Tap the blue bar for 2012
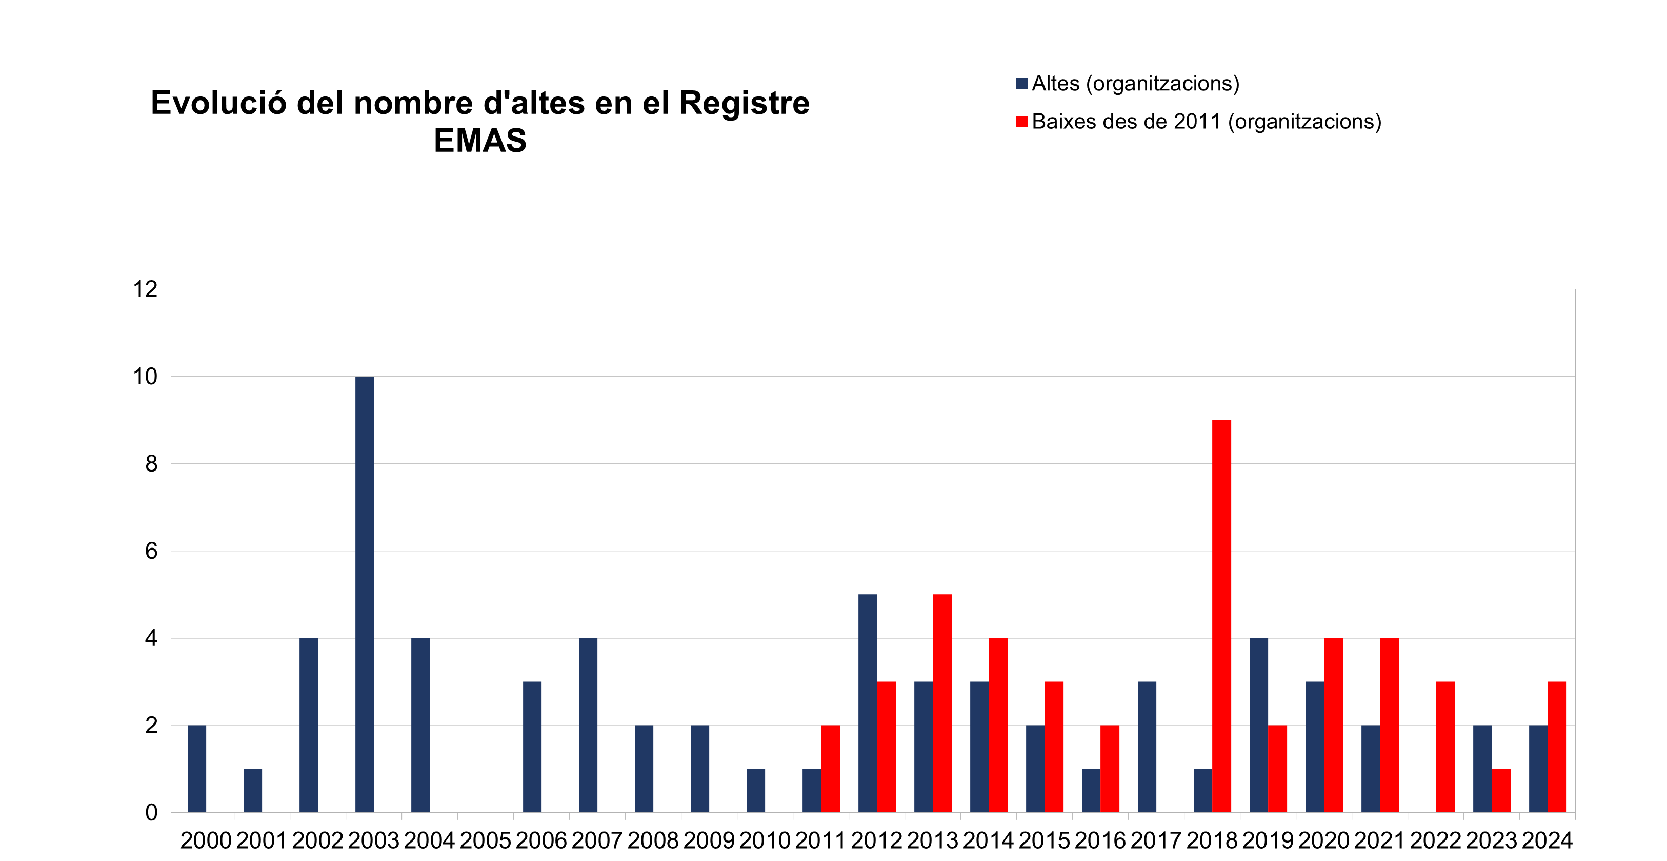(867, 703)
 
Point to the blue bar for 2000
(197, 769)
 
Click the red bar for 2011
(830, 769)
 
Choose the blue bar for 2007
(588, 725)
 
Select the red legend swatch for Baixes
(1022, 122)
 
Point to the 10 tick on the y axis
(146, 377)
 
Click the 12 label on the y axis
(146, 289)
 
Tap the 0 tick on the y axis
(151, 812)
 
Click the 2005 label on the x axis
(486, 840)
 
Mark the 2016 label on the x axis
(1100, 840)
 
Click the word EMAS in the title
(479, 141)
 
